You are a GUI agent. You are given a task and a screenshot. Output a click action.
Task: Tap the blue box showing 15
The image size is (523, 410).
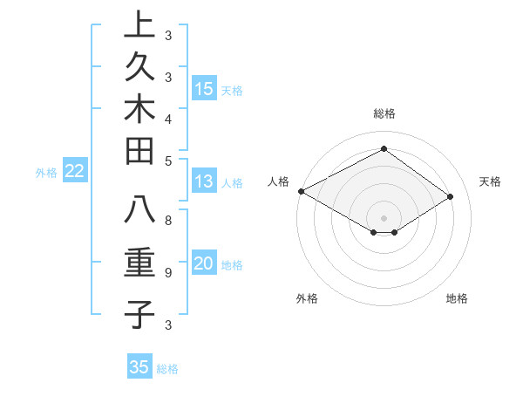point(204,89)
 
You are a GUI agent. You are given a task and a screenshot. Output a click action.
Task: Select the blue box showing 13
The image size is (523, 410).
point(204,182)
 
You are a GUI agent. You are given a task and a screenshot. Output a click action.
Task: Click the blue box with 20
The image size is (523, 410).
point(204,264)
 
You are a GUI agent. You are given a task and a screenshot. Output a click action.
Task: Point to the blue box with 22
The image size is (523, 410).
point(75,172)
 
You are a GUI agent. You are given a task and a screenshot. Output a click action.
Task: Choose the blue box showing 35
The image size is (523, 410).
point(139,367)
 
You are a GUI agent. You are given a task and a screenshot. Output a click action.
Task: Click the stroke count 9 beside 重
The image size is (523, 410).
point(168,272)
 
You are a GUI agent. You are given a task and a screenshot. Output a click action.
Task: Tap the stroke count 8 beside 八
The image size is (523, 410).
point(168,221)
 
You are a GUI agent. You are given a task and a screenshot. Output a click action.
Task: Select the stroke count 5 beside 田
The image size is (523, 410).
point(168,160)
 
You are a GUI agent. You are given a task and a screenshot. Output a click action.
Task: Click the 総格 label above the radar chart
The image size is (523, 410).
point(384,113)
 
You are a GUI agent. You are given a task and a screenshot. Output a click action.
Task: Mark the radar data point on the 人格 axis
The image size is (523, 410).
point(301,190)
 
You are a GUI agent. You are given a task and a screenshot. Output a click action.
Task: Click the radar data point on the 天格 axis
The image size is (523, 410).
point(451,197)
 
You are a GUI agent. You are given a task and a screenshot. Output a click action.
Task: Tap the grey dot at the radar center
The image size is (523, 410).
point(384,217)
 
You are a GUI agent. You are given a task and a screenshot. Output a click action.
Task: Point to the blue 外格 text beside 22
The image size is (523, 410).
point(46,173)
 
